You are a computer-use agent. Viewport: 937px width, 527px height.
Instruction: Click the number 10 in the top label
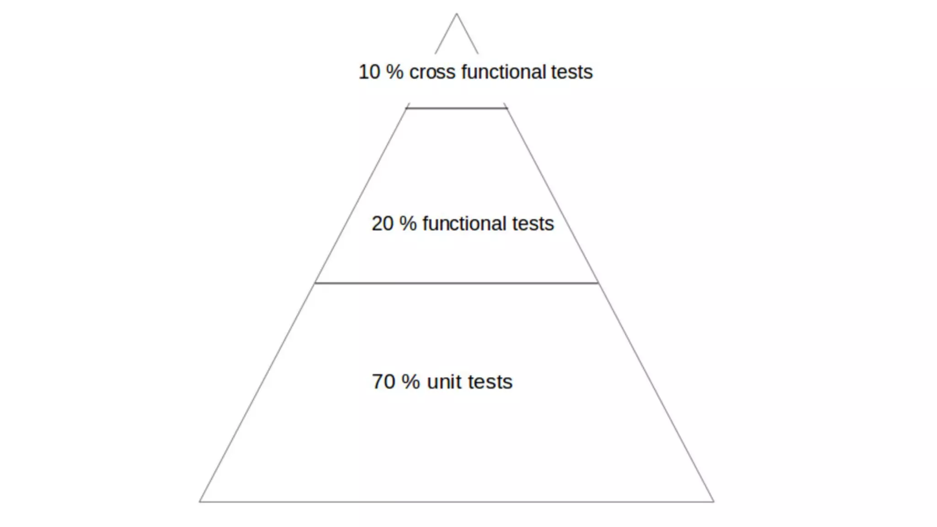(x=369, y=72)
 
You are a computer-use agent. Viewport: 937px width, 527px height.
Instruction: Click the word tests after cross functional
(x=571, y=72)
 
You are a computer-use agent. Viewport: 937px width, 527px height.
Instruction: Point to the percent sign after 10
(x=394, y=72)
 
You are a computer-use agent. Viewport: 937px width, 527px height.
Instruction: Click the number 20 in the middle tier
(x=382, y=224)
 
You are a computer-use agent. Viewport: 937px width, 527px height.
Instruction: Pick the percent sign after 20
(x=408, y=224)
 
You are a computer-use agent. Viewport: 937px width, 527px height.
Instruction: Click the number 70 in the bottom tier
(x=383, y=382)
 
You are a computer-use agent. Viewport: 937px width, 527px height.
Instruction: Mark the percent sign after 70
(x=410, y=382)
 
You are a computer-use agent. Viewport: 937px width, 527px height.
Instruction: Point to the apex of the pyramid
(x=456, y=14)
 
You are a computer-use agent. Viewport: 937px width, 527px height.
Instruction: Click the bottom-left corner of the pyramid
(x=200, y=501)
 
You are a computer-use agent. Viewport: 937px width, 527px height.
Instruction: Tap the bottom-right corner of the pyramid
(x=713, y=501)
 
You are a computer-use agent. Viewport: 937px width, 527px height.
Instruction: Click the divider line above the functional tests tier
(x=457, y=108)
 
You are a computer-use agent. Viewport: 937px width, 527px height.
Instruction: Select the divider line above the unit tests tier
(x=457, y=283)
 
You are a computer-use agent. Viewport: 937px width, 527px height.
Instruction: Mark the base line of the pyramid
(x=457, y=502)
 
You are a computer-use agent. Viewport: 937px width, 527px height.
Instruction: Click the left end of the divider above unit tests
(x=316, y=283)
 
